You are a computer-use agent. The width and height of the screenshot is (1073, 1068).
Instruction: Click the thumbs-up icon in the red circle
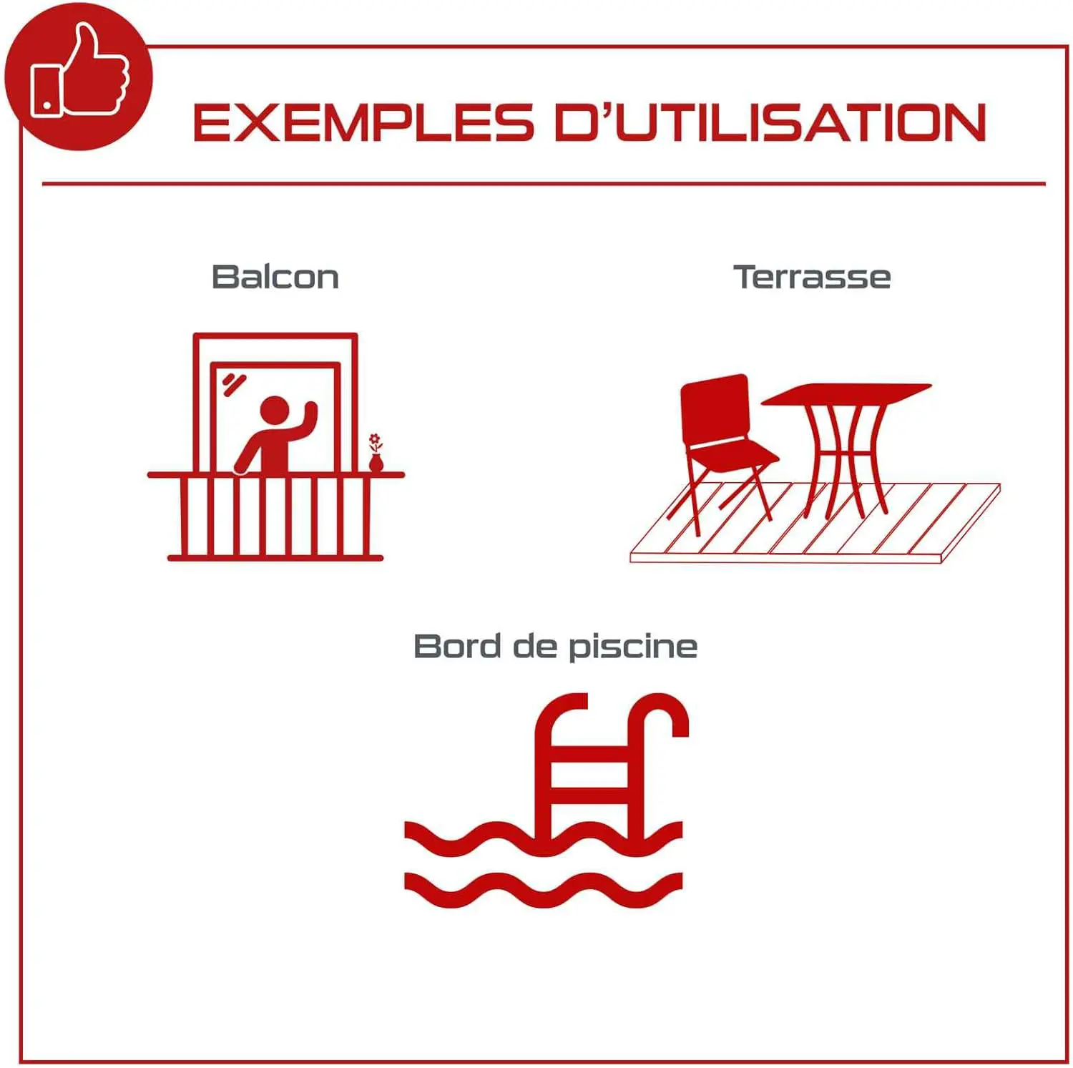pos(79,72)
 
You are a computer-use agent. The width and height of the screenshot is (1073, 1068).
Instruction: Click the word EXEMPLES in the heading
pos(363,122)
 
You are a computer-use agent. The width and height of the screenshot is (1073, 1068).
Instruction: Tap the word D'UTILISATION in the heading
pos(770,122)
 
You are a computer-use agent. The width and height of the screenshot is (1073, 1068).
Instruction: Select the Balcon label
pos(275,277)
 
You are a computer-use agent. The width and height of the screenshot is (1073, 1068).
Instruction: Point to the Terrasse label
pos(812,277)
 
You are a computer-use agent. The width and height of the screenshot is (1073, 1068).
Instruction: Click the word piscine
pos(633,648)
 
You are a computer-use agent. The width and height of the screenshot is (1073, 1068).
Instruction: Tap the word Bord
pos(457,646)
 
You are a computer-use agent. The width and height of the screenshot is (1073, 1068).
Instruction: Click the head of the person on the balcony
pos(274,411)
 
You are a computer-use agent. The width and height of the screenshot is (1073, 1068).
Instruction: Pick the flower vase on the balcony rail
pos(376,452)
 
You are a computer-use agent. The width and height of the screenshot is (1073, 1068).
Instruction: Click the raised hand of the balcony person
pos(310,411)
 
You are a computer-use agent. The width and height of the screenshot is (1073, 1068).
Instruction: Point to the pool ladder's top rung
pos(591,754)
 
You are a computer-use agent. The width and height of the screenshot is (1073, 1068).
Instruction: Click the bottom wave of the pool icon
pos(543,890)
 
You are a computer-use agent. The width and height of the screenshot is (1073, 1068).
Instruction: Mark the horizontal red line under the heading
pos(544,184)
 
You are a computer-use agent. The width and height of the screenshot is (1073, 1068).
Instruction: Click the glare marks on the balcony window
pos(233,384)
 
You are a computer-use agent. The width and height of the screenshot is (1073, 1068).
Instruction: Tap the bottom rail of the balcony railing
pos(275,558)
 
